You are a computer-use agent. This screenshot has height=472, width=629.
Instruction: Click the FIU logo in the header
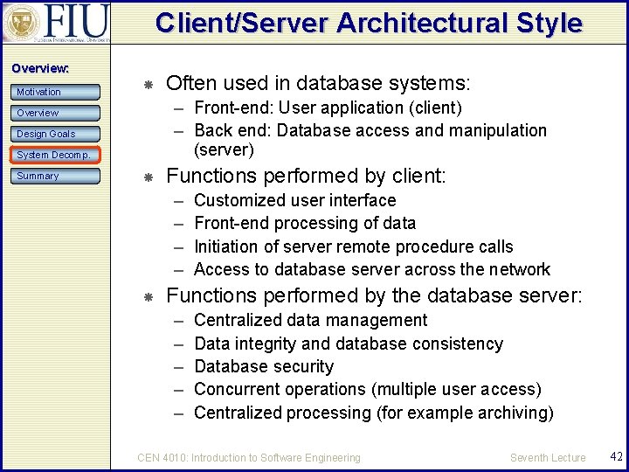[58, 24]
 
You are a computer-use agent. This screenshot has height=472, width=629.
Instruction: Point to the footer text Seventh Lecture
[548, 457]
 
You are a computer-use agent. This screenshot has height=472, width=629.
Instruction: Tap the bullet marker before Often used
[149, 85]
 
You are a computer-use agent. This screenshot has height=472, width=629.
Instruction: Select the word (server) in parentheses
[224, 149]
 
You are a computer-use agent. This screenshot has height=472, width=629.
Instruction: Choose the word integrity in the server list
[266, 344]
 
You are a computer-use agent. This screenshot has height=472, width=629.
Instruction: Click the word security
[302, 366]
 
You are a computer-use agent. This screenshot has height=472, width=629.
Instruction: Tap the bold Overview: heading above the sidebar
[40, 68]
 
